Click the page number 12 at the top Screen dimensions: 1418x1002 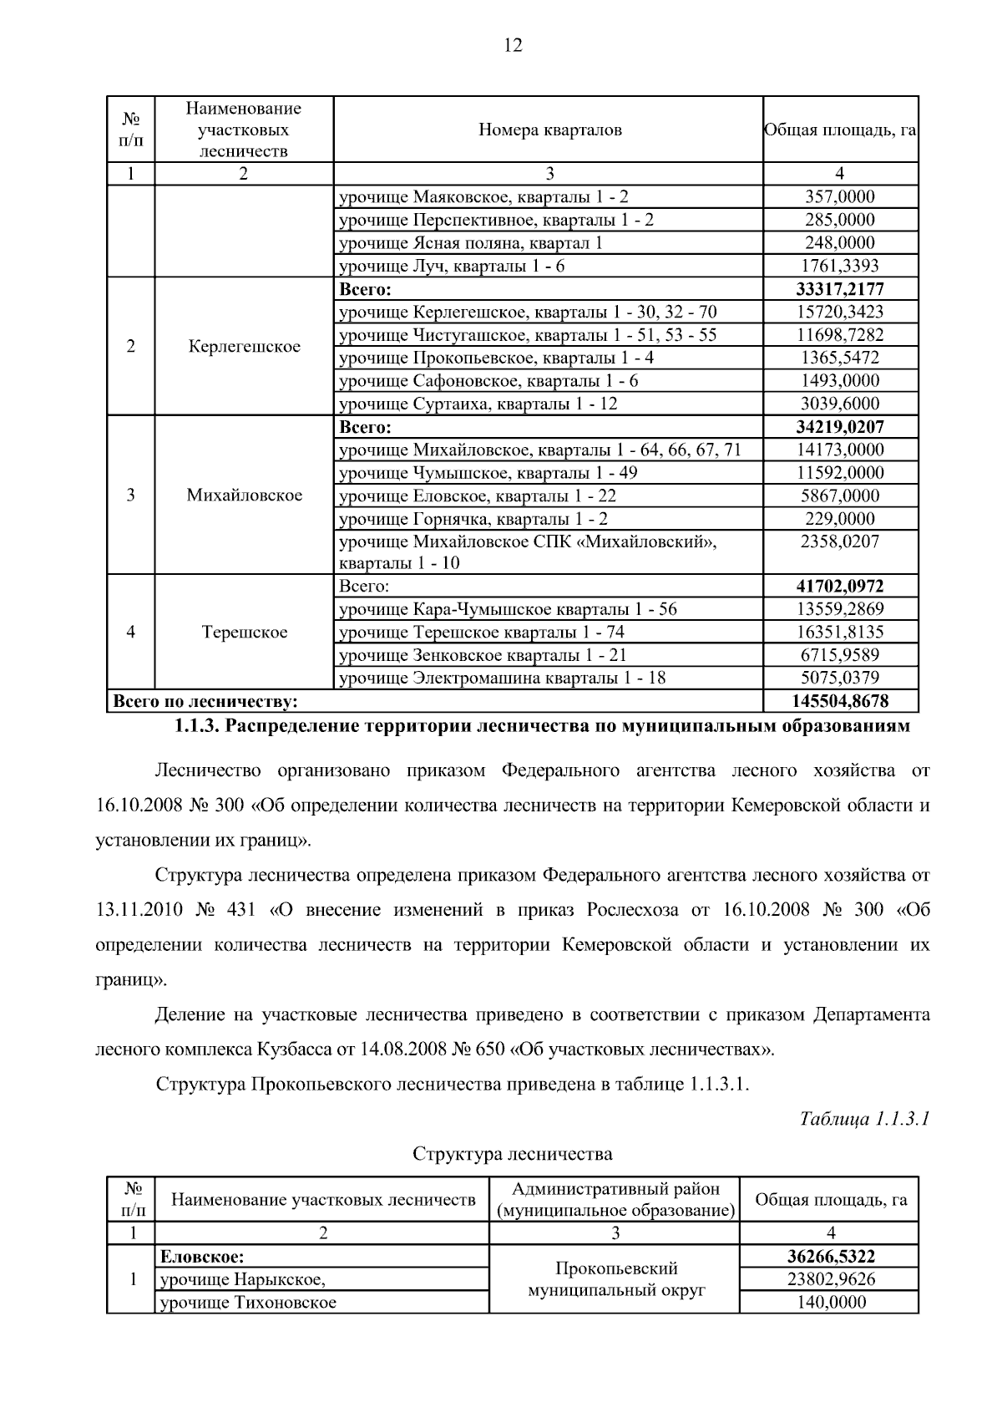point(513,45)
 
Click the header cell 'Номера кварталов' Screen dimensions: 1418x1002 point(549,130)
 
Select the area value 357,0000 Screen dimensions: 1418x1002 point(839,197)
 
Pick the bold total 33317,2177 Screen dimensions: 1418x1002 point(839,289)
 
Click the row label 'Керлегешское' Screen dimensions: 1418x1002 point(244,347)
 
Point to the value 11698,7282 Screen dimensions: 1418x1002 point(839,335)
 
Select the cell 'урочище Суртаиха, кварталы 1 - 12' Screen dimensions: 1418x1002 point(478,404)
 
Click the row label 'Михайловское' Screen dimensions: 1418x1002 point(244,496)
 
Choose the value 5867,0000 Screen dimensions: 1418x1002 point(839,496)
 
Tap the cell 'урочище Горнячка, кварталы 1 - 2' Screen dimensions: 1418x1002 point(473,519)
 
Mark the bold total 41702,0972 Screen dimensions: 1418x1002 point(839,586)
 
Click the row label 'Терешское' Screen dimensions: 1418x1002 point(244,633)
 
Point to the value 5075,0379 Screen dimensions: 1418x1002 point(839,678)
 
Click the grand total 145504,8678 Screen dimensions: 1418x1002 point(839,700)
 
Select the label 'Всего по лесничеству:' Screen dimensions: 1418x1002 point(205,700)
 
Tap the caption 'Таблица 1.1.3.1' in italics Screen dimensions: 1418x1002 point(864,1118)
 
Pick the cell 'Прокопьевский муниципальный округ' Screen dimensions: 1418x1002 point(615,1279)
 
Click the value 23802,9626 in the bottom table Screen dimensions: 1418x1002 point(830,1279)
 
